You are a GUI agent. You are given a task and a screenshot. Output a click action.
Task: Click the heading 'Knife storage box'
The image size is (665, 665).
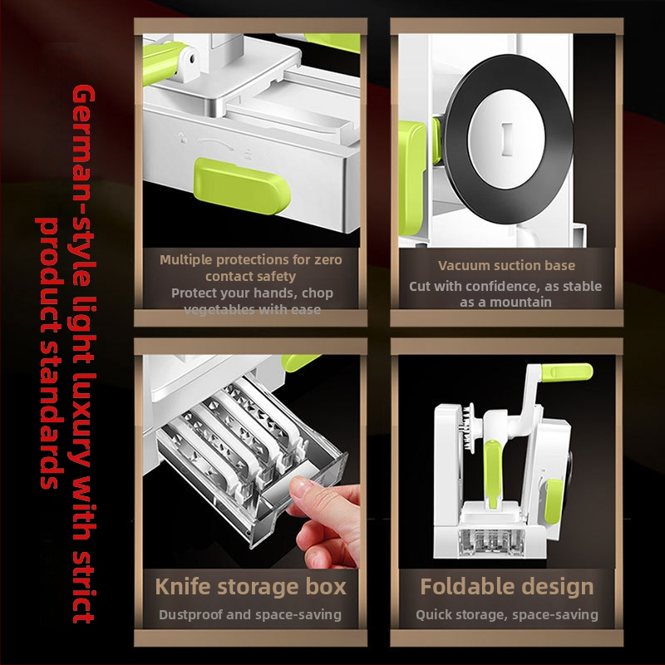[x=251, y=587]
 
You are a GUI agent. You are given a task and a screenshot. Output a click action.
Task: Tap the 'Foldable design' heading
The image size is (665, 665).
[x=507, y=587]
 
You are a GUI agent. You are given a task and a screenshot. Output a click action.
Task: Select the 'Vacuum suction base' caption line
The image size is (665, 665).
[x=506, y=265]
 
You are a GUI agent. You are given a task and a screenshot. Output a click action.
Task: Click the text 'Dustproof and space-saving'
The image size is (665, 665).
[x=250, y=614]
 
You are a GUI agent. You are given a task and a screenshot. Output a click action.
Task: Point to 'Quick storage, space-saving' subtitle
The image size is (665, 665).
[x=507, y=614]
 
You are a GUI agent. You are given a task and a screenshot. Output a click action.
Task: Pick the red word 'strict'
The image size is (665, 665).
[x=83, y=586]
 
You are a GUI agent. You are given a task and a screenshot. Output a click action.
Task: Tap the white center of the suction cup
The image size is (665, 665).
[x=506, y=139]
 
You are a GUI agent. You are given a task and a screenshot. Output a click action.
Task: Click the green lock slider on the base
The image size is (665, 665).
[x=242, y=186]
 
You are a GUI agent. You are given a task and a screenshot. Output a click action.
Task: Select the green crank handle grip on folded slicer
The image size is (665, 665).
[x=566, y=372]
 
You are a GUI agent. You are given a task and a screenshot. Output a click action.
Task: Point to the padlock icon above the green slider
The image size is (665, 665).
[x=183, y=137]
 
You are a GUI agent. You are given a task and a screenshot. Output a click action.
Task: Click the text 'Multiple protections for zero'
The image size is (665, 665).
[x=251, y=259]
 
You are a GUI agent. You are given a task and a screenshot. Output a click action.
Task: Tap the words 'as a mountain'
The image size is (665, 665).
[x=505, y=302]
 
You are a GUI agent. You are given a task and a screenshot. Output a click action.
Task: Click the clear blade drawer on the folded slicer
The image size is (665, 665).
[x=491, y=542]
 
